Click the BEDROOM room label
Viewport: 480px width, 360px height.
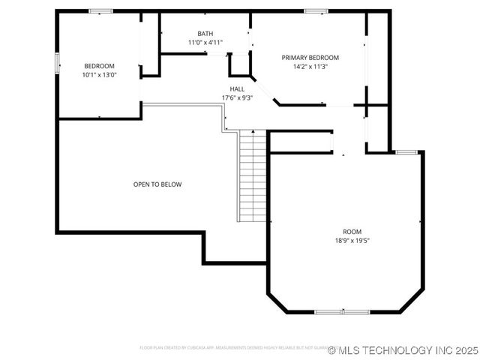point(99,66)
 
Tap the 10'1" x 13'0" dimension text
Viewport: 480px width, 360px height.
point(99,75)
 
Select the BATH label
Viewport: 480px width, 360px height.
point(205,34)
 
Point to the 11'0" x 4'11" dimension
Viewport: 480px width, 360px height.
point(205,43)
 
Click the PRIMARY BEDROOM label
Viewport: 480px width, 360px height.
point(310,58)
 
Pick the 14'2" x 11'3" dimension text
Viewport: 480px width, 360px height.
point(310,67)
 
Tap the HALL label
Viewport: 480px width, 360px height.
point(237,88)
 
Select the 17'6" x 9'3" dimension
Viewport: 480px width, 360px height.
point(237,97)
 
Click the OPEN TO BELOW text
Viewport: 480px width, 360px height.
point(157,184)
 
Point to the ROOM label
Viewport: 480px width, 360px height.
point(352,232)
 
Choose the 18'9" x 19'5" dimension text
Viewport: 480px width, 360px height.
point(352,241)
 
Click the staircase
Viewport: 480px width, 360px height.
point(252,176)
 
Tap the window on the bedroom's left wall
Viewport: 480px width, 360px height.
point(57,63)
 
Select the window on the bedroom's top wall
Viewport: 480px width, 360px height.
point(100,11)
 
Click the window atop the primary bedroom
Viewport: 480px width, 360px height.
point(316,11)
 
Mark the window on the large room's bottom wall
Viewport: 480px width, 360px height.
point(341,311)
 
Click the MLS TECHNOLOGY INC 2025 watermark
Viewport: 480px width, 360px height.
point(402,350)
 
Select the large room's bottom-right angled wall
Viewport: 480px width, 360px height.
point(412,301)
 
